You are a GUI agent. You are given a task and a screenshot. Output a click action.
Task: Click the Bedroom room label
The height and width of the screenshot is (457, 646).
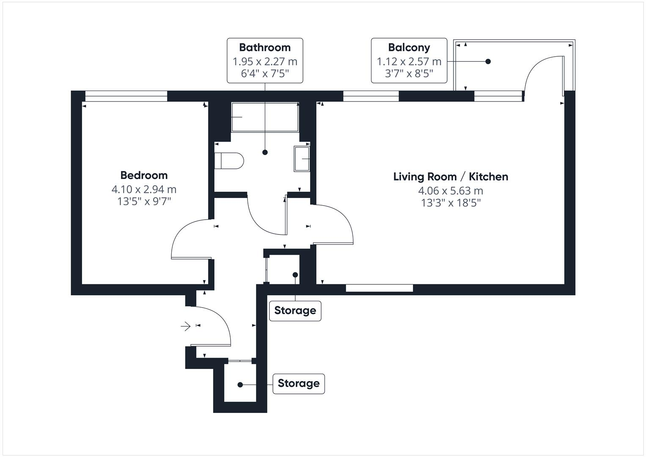tap(144, 175)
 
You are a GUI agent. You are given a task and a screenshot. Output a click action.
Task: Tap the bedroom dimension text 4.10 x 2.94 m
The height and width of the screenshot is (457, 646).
tap(144, 189)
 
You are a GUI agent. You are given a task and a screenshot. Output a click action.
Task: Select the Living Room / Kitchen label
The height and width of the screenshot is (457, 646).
tap(451, 176)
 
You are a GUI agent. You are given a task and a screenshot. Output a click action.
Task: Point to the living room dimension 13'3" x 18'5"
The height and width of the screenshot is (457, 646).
tap(451, 203)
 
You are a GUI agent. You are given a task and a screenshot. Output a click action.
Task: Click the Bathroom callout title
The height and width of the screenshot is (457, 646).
tap(265, 47)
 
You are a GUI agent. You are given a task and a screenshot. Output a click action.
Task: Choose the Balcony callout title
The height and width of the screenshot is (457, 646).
tap(409, 47)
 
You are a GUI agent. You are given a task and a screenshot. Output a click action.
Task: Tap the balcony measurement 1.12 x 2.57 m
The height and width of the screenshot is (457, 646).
tap(409, 62)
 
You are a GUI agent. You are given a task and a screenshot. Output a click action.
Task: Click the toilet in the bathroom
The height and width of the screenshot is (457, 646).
tap(229, 161)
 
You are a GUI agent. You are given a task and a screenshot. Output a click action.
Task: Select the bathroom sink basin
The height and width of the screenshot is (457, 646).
tap(302, 159)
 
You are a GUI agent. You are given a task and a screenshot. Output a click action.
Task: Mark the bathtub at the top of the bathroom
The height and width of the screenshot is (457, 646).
tap(265, 117)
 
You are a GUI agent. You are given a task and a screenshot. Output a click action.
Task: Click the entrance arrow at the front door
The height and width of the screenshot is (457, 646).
tap(185, 326)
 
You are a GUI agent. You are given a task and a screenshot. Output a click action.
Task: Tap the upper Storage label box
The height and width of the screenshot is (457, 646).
tap(295, 311)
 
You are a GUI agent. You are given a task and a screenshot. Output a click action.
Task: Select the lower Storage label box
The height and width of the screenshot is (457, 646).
tap(298, 383)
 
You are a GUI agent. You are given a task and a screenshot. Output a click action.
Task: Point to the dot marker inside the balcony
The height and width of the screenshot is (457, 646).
tap(488, 61)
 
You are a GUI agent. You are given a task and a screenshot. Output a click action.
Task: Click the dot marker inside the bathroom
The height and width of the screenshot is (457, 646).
tap(265, 152)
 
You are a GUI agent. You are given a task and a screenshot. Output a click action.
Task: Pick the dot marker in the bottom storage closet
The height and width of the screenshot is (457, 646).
tap(240, 385)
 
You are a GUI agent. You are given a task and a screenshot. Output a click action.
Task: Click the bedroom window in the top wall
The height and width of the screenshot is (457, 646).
tap(126, 97)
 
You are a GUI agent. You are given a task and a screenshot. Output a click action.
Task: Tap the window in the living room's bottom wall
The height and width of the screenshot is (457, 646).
tap(379, 289)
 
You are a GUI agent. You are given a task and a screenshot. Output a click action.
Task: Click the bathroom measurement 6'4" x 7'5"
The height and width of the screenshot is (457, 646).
tap(265, 74)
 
